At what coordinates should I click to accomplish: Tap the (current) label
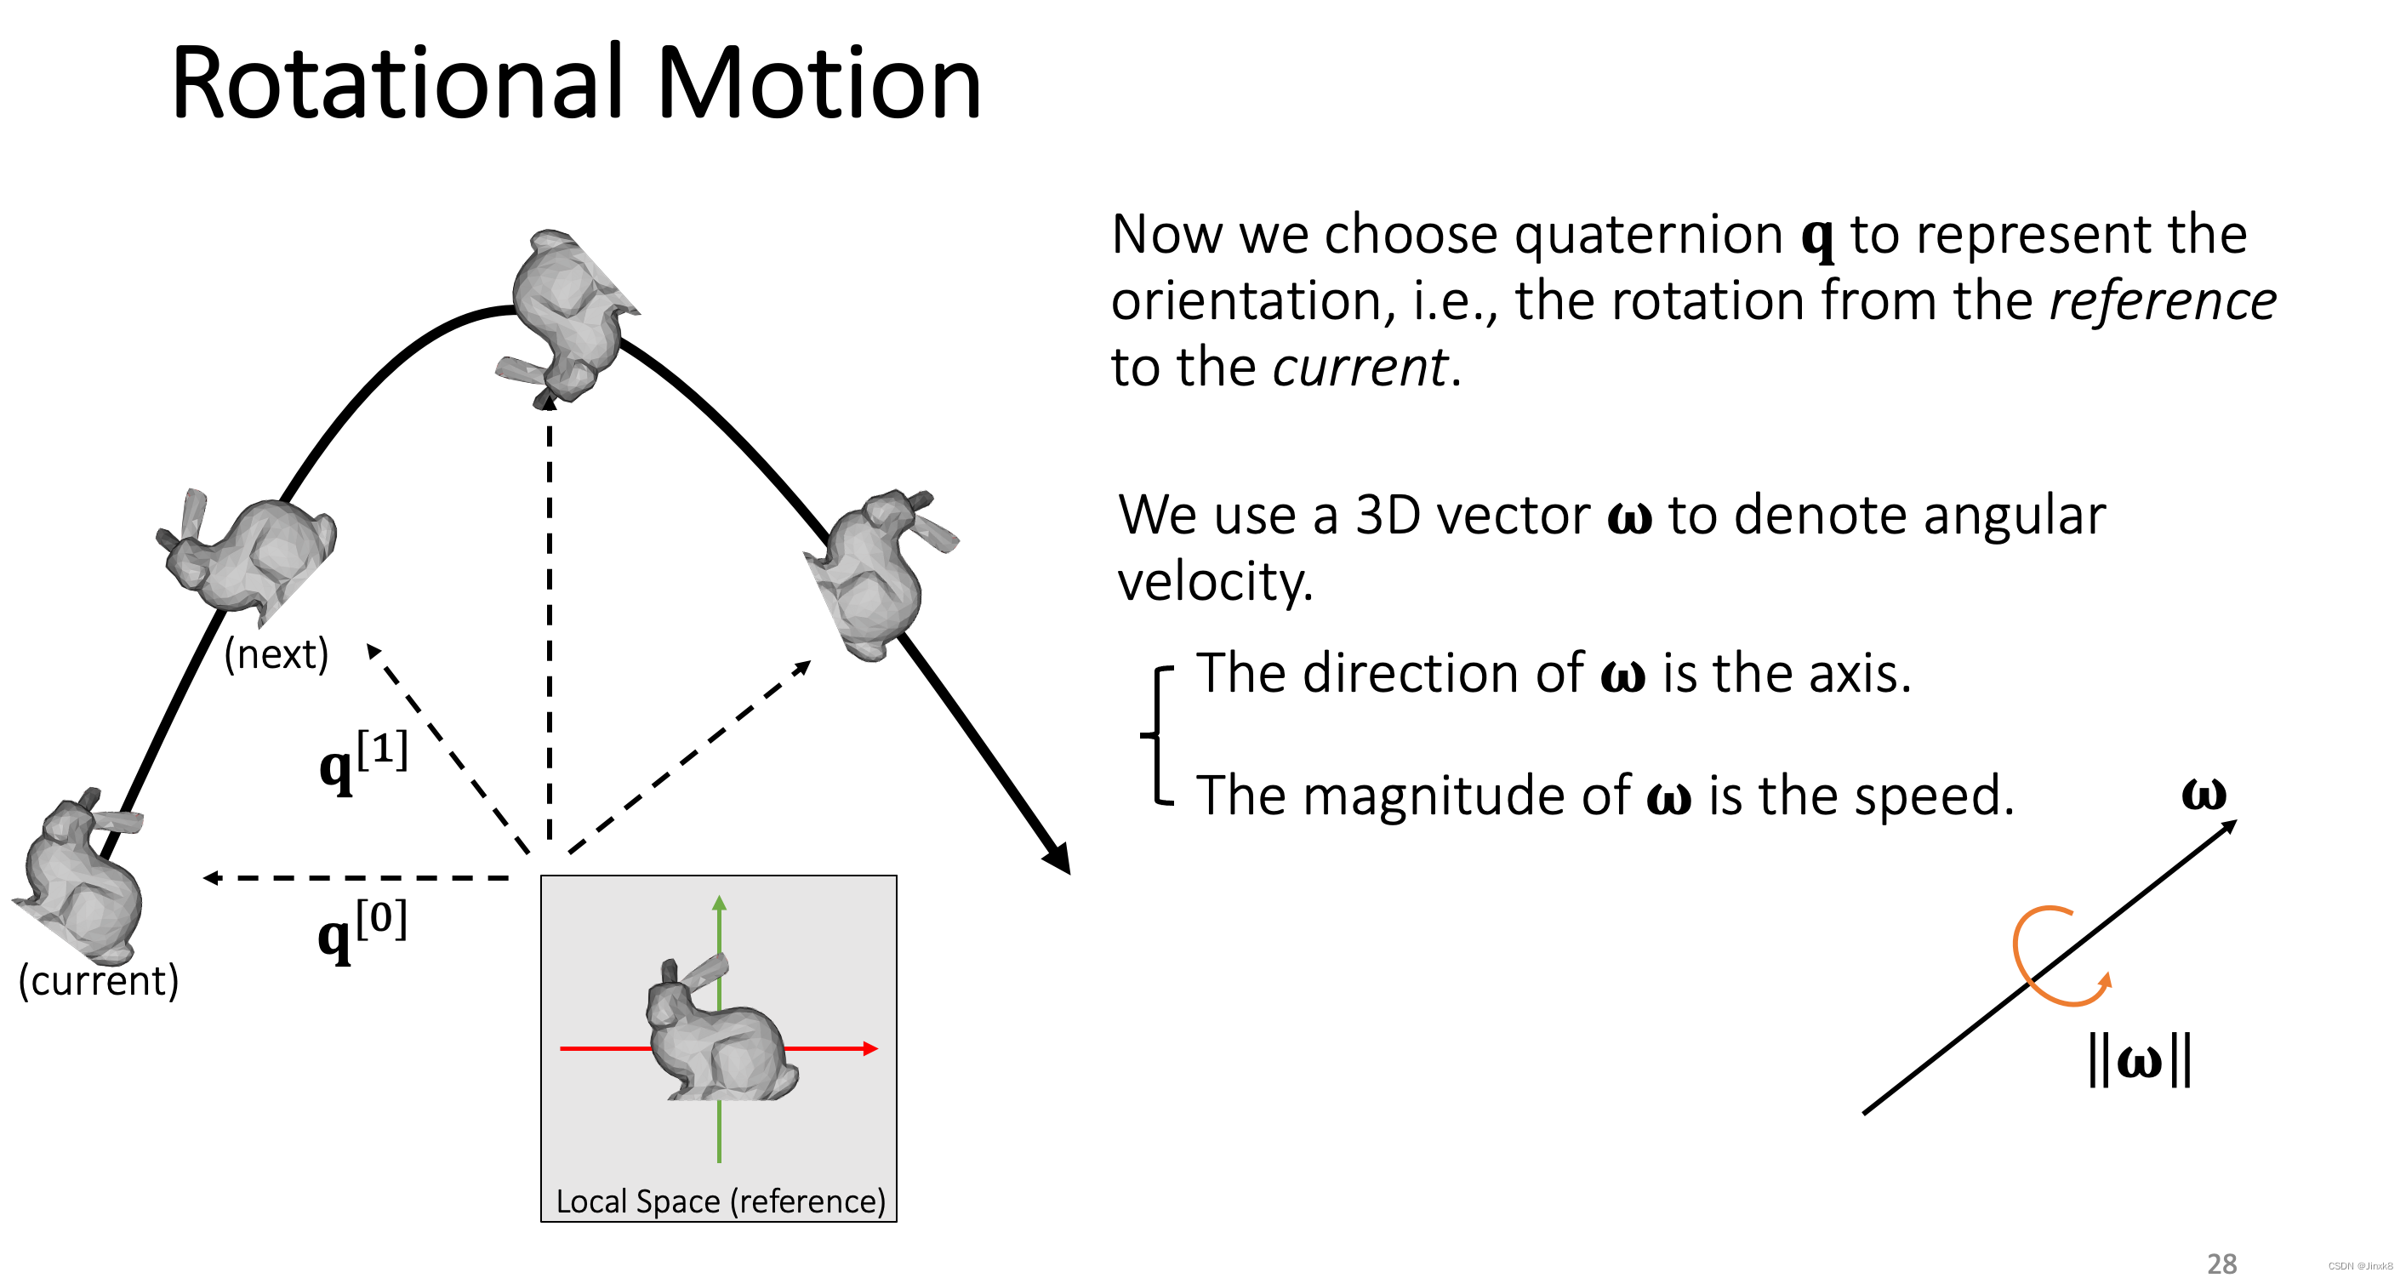[98, 981]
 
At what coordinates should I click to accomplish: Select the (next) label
[277, 654]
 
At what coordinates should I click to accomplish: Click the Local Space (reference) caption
[719, 1201]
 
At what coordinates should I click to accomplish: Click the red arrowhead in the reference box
[870, 1049]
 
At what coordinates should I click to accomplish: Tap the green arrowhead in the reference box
[719, 904]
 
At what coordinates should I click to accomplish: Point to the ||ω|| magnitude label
[2140, 1060]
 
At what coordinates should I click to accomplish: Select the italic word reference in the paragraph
[2162, 301]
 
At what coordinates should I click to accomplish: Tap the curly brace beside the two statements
[1158, 735]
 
